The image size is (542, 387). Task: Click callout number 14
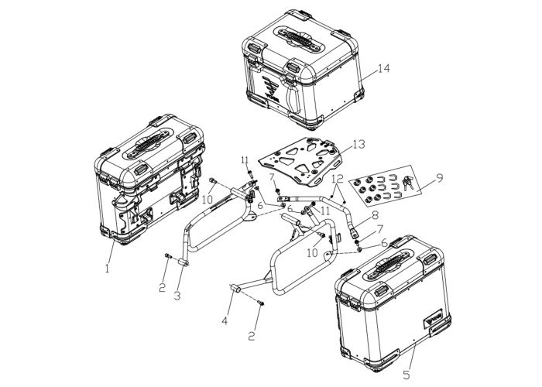[383, 68]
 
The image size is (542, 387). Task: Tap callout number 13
[358, 144]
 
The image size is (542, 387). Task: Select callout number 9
[439, 178]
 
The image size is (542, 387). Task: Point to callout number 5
[406, 374]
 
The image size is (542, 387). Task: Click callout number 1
[107, 268]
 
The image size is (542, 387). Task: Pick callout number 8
[375, 215]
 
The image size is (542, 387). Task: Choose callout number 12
[338, 179]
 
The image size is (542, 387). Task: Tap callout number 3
[177, 296]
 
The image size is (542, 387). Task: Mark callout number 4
[225, 320]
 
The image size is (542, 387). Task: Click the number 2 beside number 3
[163, 287]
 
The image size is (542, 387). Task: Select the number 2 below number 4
[252, 335]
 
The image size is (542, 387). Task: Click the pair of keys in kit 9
[408, 182]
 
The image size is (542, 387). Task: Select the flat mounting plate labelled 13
[300, 161]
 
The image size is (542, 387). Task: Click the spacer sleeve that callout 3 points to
[184, 263]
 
